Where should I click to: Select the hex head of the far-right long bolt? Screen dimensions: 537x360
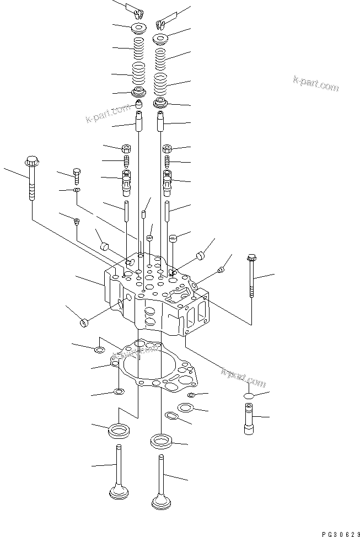pos(252,257)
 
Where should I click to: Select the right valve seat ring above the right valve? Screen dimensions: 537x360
pos(161,441)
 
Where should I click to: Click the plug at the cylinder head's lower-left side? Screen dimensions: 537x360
pos(85,322)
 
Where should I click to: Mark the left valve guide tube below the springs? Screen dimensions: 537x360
pos(138,121)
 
